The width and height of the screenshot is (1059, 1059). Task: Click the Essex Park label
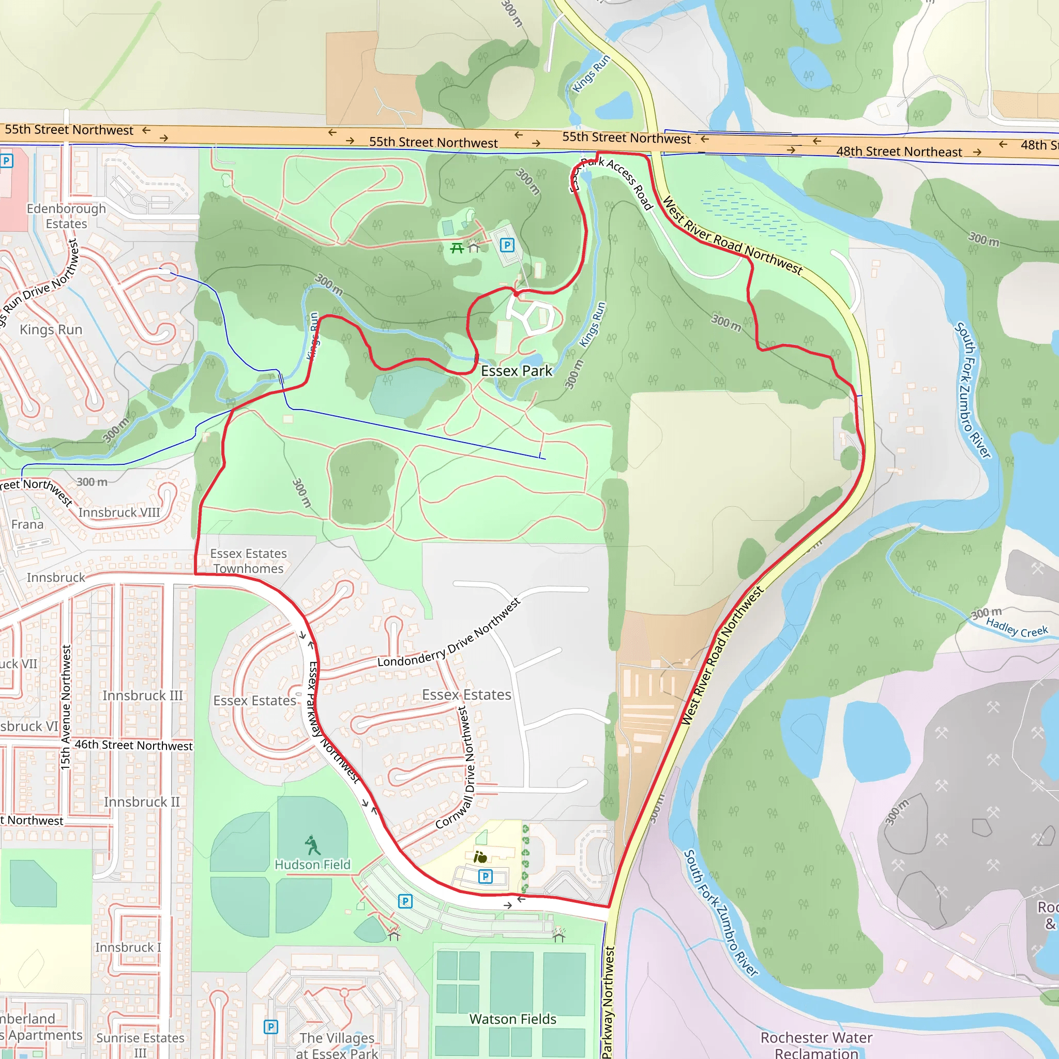click(517, 371)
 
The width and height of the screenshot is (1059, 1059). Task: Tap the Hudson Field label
click(312, 865)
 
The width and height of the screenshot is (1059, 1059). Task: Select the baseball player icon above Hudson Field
click(312, 845)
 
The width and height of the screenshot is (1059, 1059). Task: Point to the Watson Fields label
click(512, 1019)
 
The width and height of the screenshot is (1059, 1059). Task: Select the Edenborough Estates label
click(66, 216)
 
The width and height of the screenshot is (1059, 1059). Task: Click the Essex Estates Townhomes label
click(248, 561)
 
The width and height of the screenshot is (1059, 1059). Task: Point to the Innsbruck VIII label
click(119, 512)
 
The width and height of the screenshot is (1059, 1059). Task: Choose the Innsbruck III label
click(143, 695)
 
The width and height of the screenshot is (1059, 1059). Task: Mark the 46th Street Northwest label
click(133, 745)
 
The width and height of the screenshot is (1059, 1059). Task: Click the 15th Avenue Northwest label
click(66, 707)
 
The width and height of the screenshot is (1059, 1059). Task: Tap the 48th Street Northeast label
click(899, 152)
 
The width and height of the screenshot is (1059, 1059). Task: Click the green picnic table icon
click(457, 248)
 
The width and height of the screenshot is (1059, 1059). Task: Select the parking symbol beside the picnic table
click(507, 245)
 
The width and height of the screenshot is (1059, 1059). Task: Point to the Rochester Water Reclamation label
click(816, 1045)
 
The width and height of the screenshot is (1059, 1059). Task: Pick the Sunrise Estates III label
click(140, 1044)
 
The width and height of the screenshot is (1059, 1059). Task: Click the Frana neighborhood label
click(27, 524)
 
